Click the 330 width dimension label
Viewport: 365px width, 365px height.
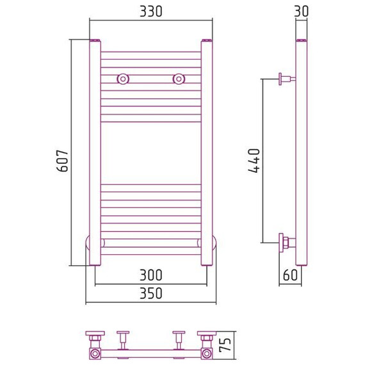[x=151, y=12]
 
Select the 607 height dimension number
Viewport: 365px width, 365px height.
[x=63, y=161]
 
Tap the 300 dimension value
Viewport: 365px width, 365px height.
[x=151, y=275]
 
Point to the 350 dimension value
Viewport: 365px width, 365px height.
[x=151, y=293]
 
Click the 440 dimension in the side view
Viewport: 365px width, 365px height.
[x=254, y=161]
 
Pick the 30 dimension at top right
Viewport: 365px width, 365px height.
[x=301, y=12]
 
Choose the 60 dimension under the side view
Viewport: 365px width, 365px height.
[x=290, y=275]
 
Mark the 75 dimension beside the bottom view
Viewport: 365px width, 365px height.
[x=225, y=345]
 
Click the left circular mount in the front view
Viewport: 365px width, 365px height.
[x=123, y=79]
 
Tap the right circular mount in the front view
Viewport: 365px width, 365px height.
[x=179, y=79]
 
